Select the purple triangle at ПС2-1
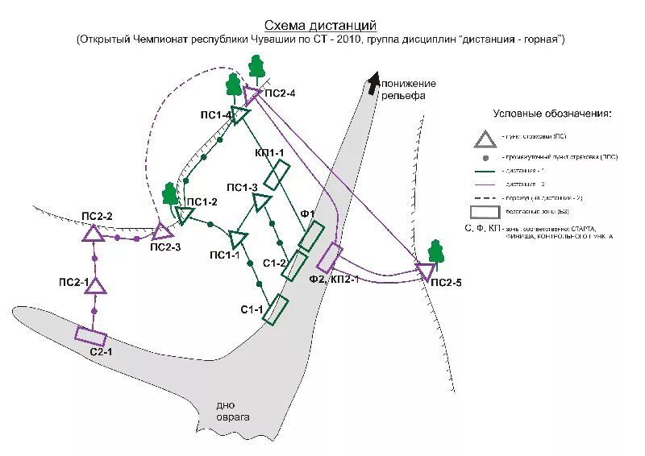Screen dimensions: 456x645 (x=96, y=285)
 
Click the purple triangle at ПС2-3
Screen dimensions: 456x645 (x=163, y=232)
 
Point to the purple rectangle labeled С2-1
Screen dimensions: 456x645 (x=91, y=335)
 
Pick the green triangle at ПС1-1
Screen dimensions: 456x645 (x=239, y=239)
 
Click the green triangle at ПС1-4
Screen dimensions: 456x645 (x=239, y=114)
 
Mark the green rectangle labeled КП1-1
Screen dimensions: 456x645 (x=277, y=175)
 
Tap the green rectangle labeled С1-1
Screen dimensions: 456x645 (x=277, y=309)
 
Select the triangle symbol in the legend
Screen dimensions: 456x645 (x=485, y=139)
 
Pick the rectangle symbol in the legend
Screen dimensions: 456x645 (x=485, y=213)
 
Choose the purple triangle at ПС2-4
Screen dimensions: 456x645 (x=252, y=95)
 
